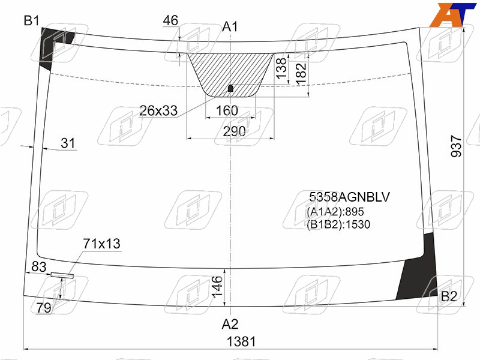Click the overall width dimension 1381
(x=241, y=341)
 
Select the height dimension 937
(x=456, y=146)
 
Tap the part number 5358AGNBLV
(x=349, y=197)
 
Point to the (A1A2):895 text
(x=335, y=212)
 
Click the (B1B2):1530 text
(x=338, y=224)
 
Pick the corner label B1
(x=32, y=21)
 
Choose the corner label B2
(x=449, y=296)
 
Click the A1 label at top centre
(x=230, y=26)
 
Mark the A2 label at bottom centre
(x=230, y=323)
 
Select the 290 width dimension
(x=234, y=131)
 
